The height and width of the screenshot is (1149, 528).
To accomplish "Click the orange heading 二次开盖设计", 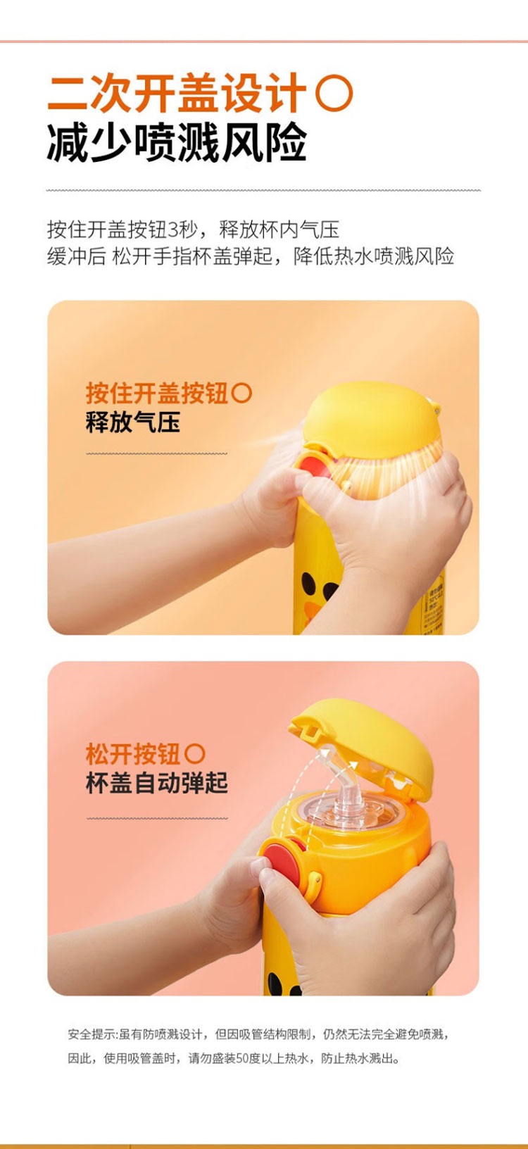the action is tap(177, 93).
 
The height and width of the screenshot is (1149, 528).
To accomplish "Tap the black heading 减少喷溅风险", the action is tap(177, 143).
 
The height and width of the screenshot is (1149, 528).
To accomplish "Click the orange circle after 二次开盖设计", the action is tap(334, 94).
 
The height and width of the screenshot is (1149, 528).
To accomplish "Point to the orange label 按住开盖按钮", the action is tap(157, 394).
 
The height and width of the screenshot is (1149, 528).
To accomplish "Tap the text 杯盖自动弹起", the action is tap(157, 784).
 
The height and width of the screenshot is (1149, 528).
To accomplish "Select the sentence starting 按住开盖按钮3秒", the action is tap(194, 230).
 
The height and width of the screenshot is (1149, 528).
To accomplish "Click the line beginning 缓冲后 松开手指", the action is tap(251, 256).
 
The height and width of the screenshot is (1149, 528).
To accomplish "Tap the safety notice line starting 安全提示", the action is tap(258, 1034).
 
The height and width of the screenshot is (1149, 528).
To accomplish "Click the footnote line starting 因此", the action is tap(234, 1058).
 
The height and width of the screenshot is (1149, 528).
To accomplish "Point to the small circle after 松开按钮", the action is tap(194, 754).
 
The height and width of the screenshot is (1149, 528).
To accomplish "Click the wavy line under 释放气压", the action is tap(156, 453).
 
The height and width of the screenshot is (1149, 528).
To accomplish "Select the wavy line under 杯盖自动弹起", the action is tap(156, 818).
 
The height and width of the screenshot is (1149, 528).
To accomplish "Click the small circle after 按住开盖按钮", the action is tap(241, 394).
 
